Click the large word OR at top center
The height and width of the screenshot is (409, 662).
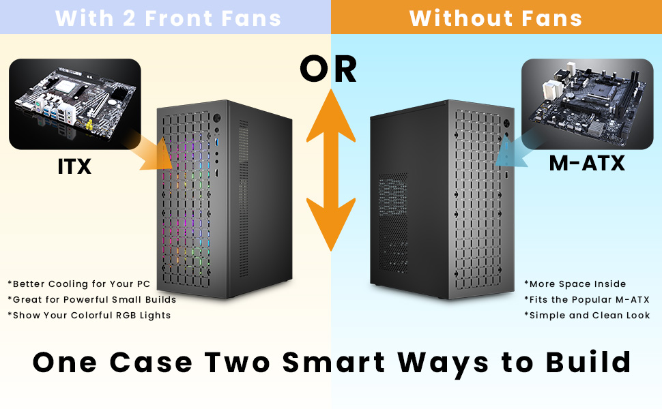(x=328, y=69)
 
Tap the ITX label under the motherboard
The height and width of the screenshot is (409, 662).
(x=74, y=166)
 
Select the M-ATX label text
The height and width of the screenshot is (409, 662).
(x=587, y=163)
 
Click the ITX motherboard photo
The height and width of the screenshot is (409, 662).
(x=74, y=104)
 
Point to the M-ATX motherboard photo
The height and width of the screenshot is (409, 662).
(x=588, y=104)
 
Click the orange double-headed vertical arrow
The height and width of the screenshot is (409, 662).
(x=331, y=170)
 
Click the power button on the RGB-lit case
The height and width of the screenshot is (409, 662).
(x=217, y=118)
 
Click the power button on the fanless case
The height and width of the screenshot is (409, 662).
(x=506, y=124)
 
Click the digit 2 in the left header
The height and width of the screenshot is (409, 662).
(x=129, y=18)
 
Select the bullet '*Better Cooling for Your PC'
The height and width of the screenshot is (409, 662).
(x=79, y=284)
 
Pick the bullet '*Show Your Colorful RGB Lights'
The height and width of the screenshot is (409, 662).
(x=89, y=316)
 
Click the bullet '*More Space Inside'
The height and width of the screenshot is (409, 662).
(x=575, y=284)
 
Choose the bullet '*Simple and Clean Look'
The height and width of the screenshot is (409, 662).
(x=587, y=316)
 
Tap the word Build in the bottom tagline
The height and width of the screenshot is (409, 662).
(x=588, y=362)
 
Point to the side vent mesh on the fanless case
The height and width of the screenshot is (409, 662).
(x=392, y=223)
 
